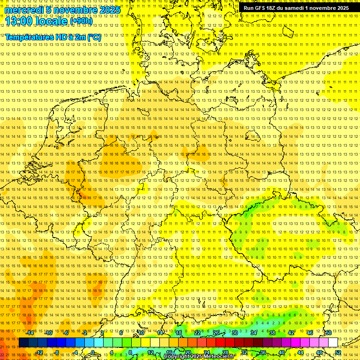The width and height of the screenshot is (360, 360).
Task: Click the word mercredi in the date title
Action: [24, 10]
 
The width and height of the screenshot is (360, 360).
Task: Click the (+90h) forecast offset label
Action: [81, 22]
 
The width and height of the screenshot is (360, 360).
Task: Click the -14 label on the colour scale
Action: [30, 333]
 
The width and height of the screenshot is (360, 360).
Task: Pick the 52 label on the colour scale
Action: [338, 352]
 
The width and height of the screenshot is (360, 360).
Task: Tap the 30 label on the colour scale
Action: [235, 333]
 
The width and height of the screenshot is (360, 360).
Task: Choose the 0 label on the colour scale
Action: [93, 352]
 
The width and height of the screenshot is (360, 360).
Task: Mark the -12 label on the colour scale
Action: [39, 352]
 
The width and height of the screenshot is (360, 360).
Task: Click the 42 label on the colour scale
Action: [291, 333]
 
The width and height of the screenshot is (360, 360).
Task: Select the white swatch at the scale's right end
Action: [333, 343]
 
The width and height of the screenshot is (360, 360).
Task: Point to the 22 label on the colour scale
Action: [197, 333]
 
